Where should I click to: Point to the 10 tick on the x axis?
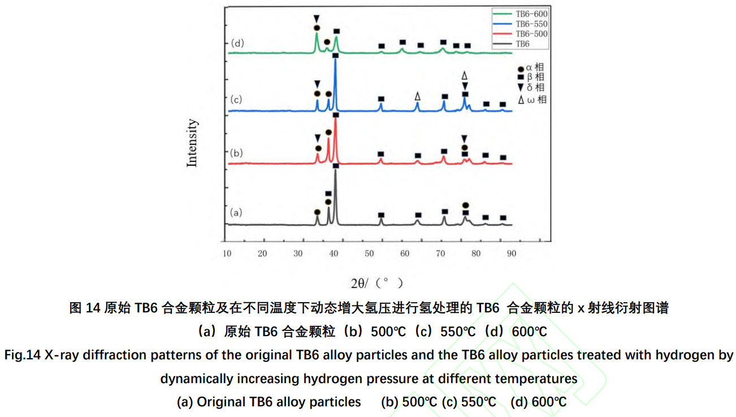[227, 253]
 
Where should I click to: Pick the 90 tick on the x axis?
[511, 253]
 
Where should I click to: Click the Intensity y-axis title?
[193, 142]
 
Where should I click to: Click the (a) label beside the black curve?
[236, 212]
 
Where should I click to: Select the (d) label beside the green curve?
[237, 43]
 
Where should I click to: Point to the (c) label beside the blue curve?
[236, 100]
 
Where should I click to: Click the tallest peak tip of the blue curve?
[335, 59]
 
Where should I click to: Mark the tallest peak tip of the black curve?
[335, 170]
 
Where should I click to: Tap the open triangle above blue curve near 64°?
[417, 97]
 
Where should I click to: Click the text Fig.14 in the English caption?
[22, 355]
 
